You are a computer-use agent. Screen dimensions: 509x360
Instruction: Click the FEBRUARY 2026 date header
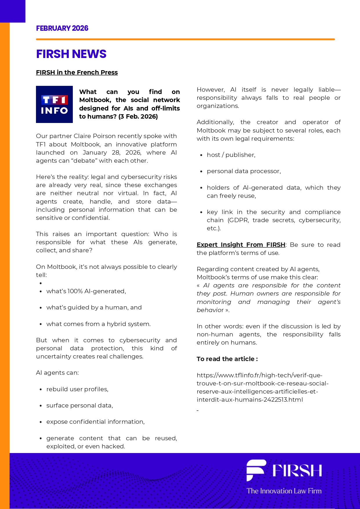(62, 28)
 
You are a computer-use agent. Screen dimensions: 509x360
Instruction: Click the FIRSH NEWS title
(71, 54)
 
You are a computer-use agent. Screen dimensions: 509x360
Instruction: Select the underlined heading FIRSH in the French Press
(77, 72)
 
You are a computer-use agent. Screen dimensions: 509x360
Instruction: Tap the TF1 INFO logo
(54, 104)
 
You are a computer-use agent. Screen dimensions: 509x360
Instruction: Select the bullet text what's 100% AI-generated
(86, 291)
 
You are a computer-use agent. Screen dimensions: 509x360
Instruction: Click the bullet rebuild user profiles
(77, 389)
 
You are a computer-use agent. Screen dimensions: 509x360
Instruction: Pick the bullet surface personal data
(79, 405)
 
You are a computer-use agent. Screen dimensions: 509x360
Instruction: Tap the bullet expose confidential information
(95, 422)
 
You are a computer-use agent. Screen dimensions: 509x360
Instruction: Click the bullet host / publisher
(231, 155)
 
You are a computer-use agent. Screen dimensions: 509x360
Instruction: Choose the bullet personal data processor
(244, 171)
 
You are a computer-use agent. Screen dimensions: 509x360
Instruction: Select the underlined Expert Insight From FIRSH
(241, 245)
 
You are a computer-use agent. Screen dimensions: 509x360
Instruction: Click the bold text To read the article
(227, 359)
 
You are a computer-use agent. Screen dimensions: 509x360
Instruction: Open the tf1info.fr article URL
(262, 387)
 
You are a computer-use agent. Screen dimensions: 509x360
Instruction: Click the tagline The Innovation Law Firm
(284, 491)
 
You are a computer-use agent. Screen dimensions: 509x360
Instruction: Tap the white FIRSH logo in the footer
(284, 470)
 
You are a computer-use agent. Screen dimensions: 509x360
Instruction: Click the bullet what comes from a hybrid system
(98, 324)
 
